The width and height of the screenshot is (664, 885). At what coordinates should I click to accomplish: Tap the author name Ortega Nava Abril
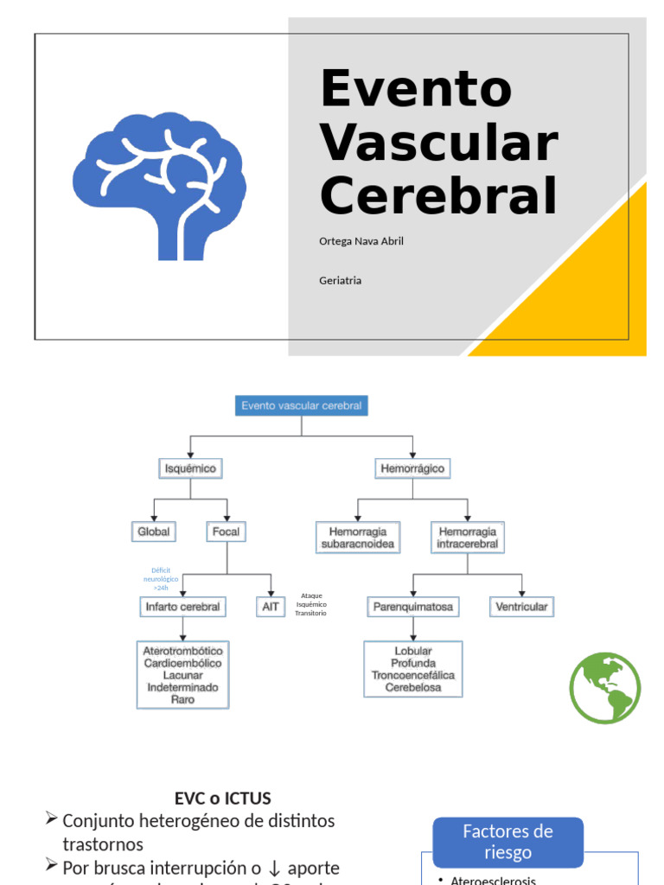[361, 241]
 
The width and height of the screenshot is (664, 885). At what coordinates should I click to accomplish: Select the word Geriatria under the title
[341, 281]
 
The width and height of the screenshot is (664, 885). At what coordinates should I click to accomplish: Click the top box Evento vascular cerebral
[302, 405]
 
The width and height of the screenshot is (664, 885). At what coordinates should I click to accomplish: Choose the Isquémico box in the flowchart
[190, 468]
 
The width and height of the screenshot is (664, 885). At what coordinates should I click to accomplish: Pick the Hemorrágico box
[413, 468]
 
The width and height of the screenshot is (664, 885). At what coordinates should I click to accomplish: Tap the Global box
[154, 532]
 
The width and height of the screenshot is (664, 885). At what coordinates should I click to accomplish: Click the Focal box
[227, 532]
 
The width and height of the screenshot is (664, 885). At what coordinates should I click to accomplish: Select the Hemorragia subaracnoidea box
[358, 538]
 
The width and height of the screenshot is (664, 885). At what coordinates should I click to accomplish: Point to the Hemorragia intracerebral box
[468, 538]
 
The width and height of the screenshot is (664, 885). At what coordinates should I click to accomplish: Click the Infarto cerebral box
[182, 607]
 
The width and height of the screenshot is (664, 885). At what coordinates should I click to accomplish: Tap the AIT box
[271, 607]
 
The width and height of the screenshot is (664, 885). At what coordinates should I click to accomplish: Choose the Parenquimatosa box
[412, 607]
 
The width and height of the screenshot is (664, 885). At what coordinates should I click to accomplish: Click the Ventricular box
[521, 607]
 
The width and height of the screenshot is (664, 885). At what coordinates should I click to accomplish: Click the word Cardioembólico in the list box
[182, 663]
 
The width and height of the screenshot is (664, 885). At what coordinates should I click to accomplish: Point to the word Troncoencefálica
[413, 675]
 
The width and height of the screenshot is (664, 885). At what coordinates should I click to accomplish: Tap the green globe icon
[605, 688]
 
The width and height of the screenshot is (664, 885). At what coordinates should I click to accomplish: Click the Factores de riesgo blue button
[508, 842]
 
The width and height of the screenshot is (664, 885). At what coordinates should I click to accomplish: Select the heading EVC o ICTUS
[222, 799]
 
